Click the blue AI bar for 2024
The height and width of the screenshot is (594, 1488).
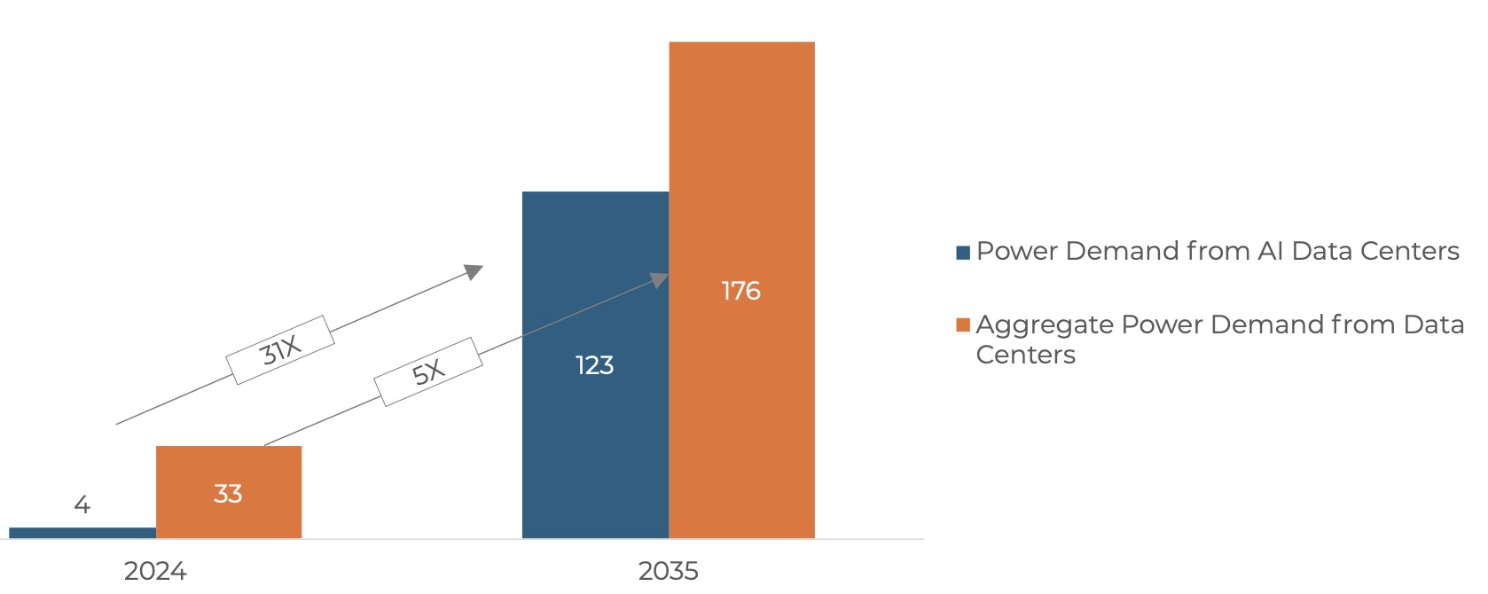coord(82,533)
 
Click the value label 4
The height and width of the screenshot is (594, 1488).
coord(82,505)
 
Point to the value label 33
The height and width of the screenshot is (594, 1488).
coord(228,494)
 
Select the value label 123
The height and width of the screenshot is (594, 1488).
coord(594,365)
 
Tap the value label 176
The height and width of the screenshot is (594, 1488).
coord(740,291)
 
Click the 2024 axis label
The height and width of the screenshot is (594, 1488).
coord(155,571)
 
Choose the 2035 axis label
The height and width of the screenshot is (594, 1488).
coord(668,571)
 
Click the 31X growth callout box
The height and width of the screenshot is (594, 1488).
coord(280,350)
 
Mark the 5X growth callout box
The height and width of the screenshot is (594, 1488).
coord(428,372)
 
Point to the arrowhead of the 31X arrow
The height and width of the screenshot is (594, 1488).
coord(474,270)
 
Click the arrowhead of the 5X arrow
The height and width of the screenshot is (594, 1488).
coord(660,280)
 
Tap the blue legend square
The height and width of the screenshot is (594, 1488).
coord(963,253)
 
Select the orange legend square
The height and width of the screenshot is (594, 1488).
coord(963,325)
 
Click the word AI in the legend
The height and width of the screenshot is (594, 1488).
coord(1270,252)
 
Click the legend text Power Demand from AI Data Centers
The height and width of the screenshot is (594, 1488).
coord(1217,252)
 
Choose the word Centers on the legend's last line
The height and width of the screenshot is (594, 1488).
coord(1025,355)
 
